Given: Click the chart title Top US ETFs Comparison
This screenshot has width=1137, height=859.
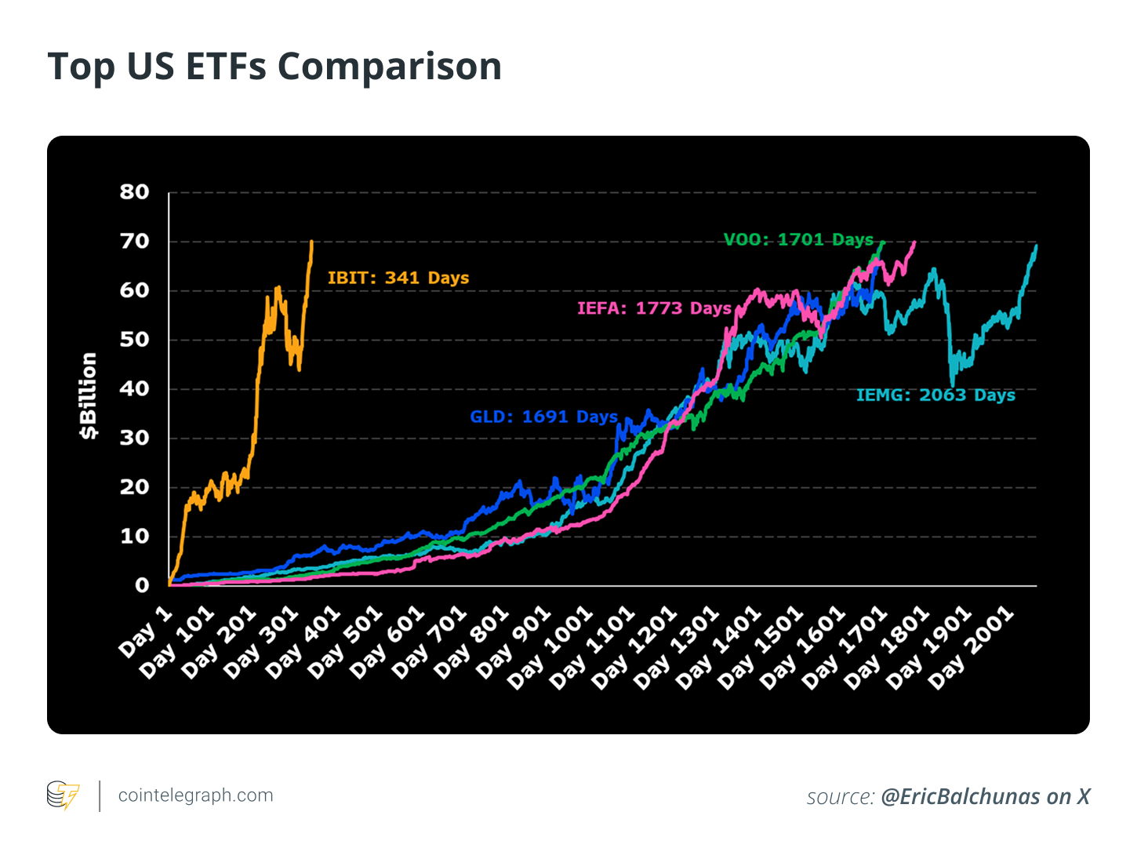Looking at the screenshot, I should (274, 66).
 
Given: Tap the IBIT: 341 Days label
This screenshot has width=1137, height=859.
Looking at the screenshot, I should (398, 278).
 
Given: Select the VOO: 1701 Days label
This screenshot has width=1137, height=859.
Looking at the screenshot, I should (797, 239).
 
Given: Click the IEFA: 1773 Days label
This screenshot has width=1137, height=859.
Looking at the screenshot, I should (654, 308).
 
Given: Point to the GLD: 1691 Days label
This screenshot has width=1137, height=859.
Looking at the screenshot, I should (543, 417).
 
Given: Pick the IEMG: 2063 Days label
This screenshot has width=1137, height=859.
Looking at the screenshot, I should (935, 395).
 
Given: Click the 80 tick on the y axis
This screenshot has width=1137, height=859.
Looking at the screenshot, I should (134, 192).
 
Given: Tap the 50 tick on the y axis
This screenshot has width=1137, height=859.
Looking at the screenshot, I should (134, 340).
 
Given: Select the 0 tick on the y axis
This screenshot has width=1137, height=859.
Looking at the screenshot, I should (142, 585).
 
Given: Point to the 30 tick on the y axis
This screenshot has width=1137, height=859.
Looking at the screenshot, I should (134, 438).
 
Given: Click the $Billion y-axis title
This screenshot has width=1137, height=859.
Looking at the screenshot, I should (89, 395).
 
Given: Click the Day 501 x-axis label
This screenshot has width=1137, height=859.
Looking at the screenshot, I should (344, 642).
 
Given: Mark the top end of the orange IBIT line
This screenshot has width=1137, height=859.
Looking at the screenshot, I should (312, 242).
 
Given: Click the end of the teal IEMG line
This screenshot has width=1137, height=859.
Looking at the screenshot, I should (1037, 246).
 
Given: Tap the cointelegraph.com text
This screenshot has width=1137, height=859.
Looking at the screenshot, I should (195, 795).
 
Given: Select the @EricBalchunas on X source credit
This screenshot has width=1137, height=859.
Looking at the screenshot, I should (985, 797).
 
